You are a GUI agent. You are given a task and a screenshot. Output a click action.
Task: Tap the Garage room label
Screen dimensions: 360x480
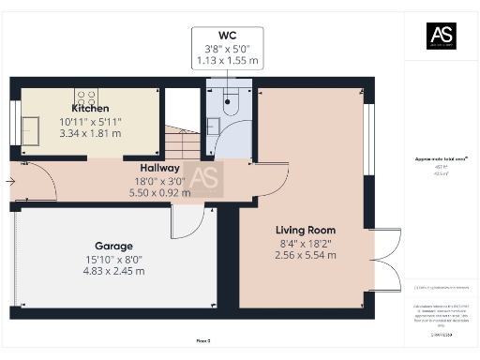[x=113, y=246]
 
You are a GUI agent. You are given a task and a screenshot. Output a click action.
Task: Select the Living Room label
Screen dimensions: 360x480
[x=305, y=230]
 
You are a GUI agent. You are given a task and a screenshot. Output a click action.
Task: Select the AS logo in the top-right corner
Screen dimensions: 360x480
[x=440, y=36]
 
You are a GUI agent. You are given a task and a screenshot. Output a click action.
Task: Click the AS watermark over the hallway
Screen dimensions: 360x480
[x=204, y=178]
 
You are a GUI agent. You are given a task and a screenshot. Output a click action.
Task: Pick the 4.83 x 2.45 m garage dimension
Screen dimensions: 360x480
[x=113, y=271]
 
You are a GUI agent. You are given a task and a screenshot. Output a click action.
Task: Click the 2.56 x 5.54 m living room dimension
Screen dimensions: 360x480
[x=305, y=254]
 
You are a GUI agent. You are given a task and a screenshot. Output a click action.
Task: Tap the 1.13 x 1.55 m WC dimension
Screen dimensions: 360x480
[x=227, y=61]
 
